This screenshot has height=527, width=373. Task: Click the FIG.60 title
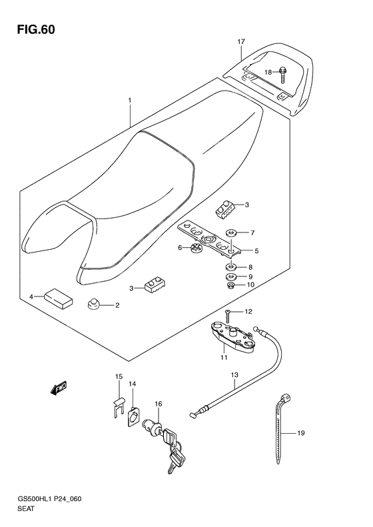36,30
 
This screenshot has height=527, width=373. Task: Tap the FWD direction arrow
59,388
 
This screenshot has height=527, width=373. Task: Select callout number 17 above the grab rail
241,42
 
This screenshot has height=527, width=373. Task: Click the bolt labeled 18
282,75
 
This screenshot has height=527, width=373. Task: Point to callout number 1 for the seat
129,100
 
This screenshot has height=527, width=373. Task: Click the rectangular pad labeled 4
58,298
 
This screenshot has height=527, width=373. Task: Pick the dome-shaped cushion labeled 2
92,304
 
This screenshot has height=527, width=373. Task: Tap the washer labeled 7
231,233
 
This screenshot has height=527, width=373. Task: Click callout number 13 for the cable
234,374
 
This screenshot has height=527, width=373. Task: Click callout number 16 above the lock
159,404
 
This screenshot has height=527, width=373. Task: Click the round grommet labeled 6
196,248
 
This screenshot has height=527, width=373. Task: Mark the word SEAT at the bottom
26,508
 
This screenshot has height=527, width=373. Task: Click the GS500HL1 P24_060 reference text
50,499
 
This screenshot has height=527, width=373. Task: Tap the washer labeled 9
231,277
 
